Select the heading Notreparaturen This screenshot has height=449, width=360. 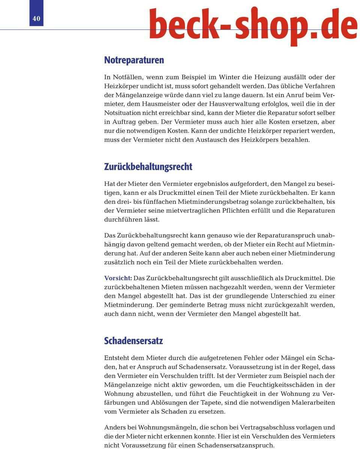click(x=134, y=60)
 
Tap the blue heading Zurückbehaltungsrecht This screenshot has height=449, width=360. click(x=148, y=166)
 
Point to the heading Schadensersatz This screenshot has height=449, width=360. click(x=133, y=341)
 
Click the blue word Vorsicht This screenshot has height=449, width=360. click(x=118, y=278)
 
